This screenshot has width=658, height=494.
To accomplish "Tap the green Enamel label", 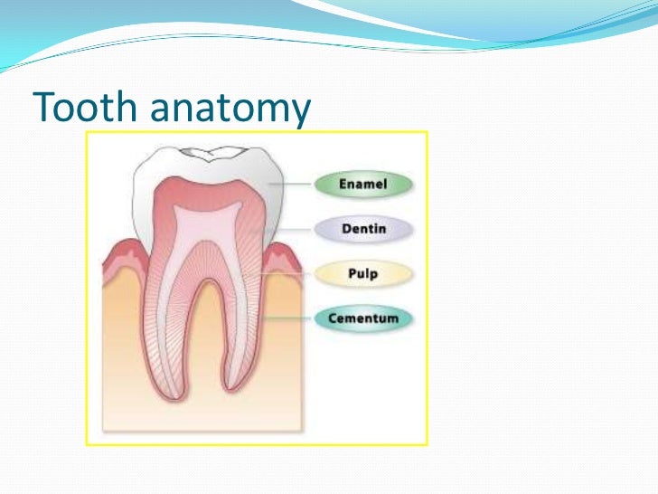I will pyautogui.click(x=362, y=185).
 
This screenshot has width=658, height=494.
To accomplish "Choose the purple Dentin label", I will pyautogui.click(x=362, y=229).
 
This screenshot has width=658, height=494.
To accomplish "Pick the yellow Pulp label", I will pyautogui.click(x=362, y=273).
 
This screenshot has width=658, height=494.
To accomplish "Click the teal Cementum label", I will pyautogui.click(x=362, y=318).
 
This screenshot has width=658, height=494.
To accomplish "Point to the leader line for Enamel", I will pyautogui.click(x=294, y=185).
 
